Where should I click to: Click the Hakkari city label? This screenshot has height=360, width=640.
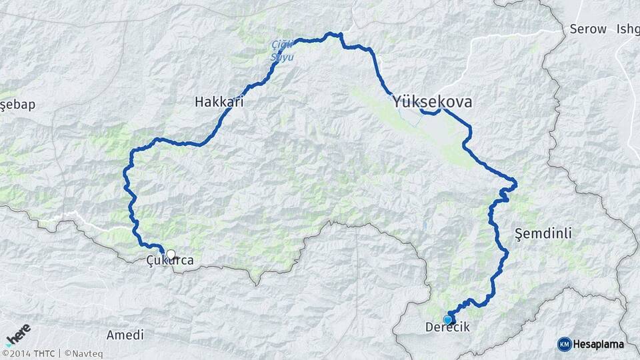click(x=219, y=103)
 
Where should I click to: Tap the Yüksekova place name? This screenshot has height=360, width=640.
click(x=433, y=102)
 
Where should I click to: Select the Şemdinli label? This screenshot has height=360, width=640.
click(x=544, y=233)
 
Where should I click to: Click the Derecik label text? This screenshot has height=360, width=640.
click(x=447, y=328)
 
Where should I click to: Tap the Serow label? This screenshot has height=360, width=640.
click(x=588, y=29)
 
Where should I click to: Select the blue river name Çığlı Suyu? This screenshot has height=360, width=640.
click(x=281, y=51)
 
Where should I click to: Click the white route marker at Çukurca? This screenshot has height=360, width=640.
click(x=171, y=254)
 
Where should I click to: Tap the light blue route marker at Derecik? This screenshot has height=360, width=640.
click(x=447, y=319)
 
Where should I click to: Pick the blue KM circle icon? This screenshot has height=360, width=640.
click(x=564, y=344)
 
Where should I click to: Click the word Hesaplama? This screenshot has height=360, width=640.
click(x=598, y=345)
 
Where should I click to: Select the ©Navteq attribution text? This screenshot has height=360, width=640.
click(x=84, y=353)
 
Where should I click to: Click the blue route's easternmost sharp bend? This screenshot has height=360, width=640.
click(x=515, y=181)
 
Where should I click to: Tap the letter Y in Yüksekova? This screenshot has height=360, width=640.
click(x=398, y=102)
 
